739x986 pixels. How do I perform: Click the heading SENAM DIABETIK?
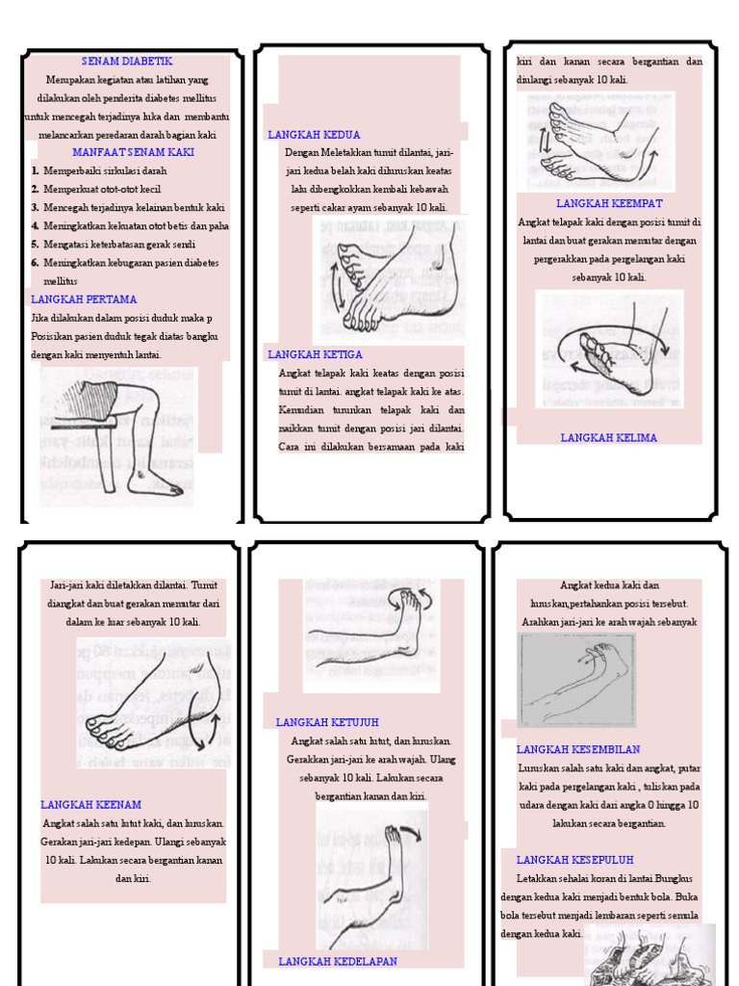point(127,62)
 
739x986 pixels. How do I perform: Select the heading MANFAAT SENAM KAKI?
point(134,152)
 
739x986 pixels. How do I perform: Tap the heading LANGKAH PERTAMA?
point(84,299)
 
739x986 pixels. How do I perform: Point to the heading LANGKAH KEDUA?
point(314,135)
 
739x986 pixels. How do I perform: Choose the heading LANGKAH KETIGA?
point(316,354)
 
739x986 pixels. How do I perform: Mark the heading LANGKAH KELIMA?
point(609,437)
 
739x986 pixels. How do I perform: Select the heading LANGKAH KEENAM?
point(91,804)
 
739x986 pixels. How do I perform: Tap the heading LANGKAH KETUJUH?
point(328,722)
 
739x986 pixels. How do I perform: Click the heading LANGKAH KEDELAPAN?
point(338,961)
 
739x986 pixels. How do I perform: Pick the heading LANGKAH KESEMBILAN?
point(578,749)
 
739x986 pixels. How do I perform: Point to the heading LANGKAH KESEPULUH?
point(574,860)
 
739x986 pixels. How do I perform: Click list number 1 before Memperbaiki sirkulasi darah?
point(35,170)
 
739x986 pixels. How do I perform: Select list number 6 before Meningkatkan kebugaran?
point(35,263)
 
